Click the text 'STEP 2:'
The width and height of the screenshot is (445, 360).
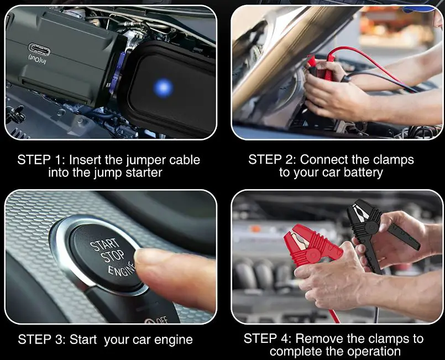tap(272, 160)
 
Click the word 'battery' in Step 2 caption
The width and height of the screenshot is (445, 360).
tap(362, 173)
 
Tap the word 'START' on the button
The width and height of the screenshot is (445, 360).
tap(103, 245)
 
